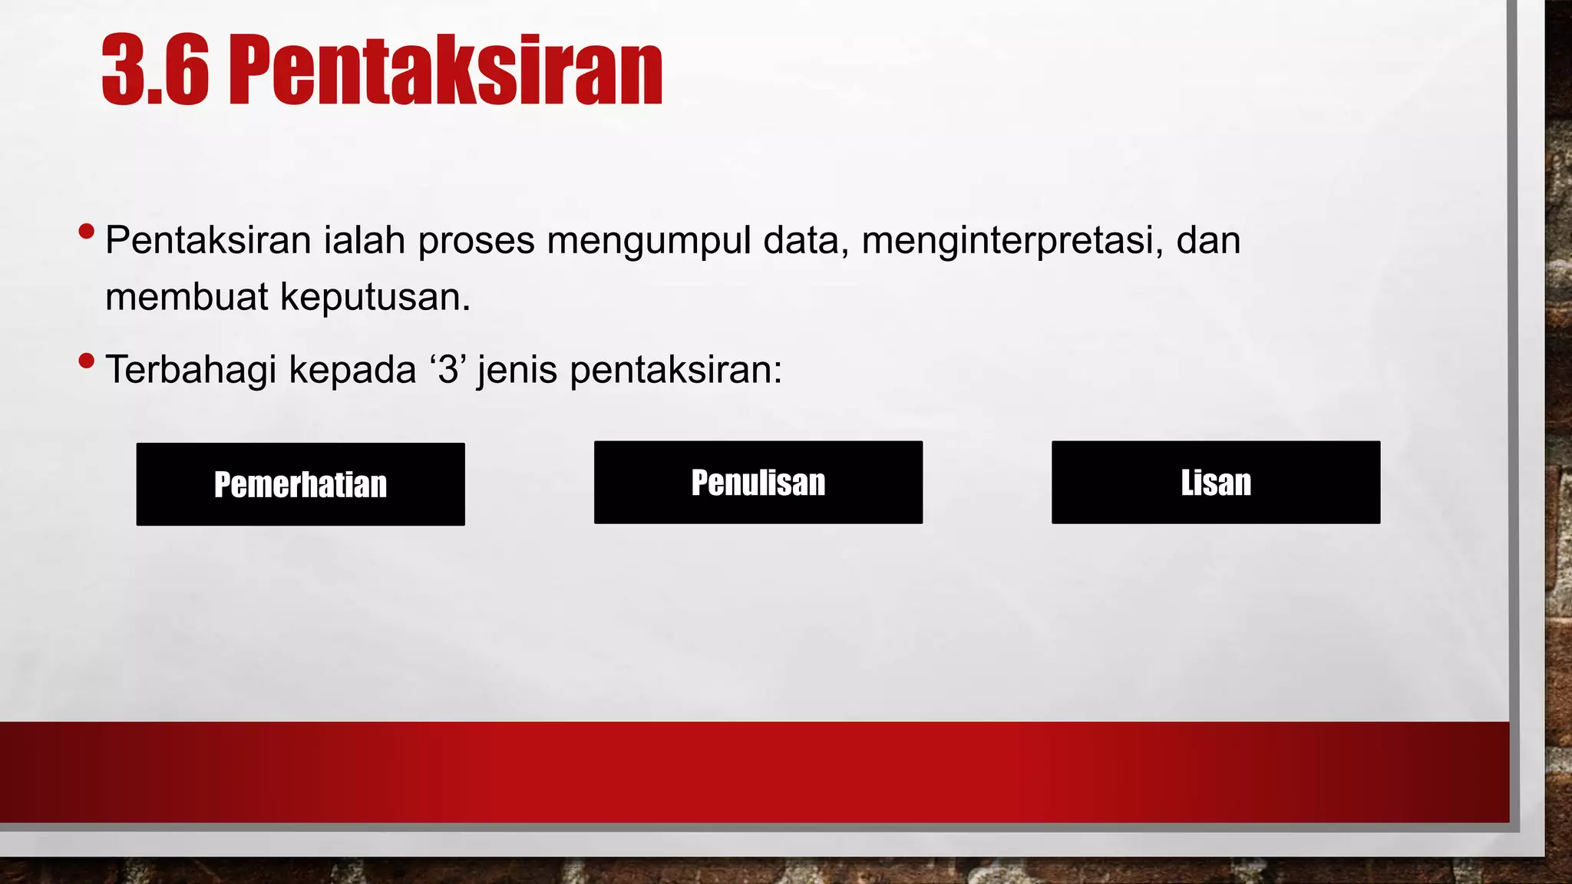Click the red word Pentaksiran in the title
click(445, 71)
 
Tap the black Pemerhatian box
click(300, 484)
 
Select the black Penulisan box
click(758, 483)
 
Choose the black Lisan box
click(1215, 483)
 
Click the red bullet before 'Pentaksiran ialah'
click(87, 231)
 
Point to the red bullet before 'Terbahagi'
click(87, 361)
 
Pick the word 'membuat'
click(187, 297)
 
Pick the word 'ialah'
click(364, 240)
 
